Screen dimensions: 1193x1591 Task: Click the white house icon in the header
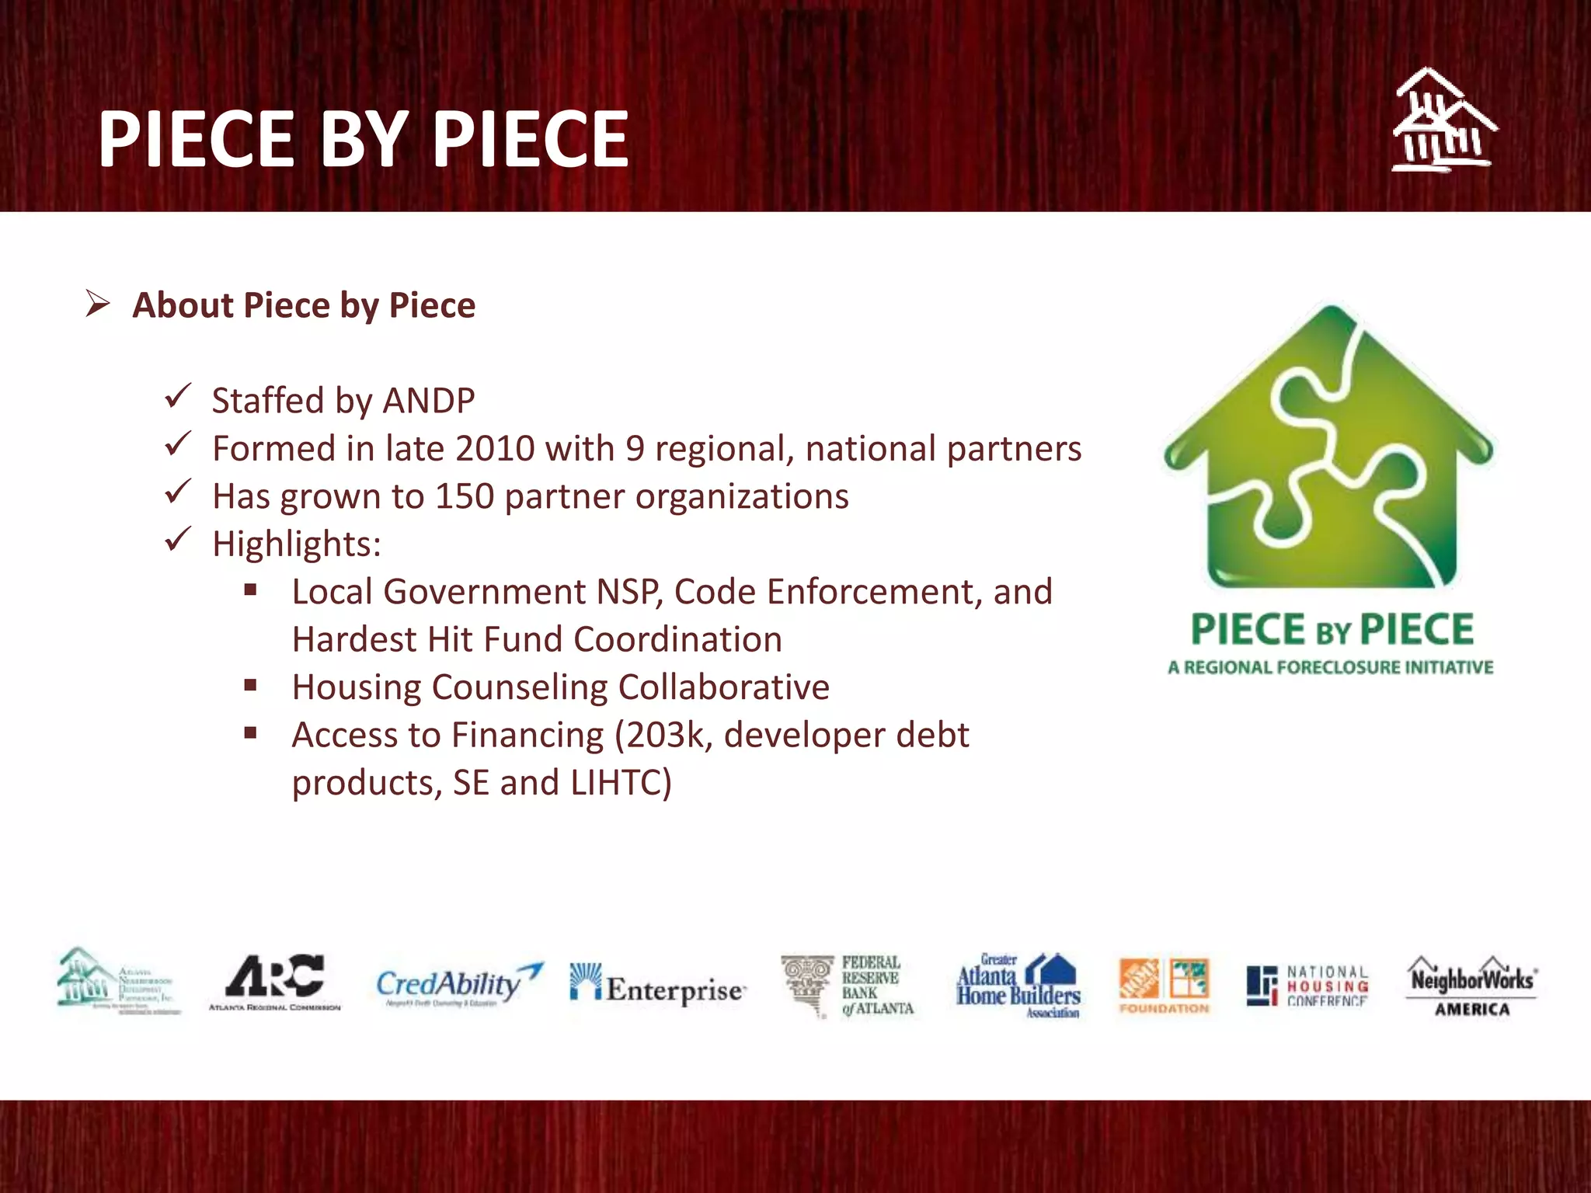tap(1443, 120)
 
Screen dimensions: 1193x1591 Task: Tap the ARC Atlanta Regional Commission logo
tap(274, 983)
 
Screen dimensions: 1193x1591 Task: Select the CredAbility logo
tap(458, 985)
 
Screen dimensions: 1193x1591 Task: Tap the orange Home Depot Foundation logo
tap(1164, 985)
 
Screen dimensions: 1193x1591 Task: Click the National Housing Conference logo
tap(1307, 986)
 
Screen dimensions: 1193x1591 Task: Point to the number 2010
tap(495, 449)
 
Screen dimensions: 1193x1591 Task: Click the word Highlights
tap(296, 544)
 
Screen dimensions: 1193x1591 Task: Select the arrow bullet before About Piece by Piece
tap(98, 304)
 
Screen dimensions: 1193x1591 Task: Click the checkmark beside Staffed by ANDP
tap(178, 397)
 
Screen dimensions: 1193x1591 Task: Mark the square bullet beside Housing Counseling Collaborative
tap(250, 685)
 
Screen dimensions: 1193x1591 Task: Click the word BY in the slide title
tap(364, 140)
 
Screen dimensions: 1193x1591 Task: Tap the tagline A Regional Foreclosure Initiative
tap(1330, 667)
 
